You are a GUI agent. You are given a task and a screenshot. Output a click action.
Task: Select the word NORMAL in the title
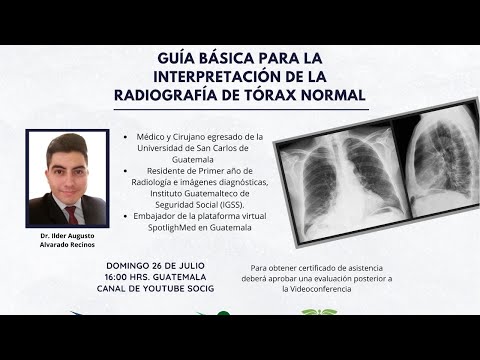point(334,95)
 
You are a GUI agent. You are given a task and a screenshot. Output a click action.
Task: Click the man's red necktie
point(70,213)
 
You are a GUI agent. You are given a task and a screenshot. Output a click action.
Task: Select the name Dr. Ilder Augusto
point(69,235)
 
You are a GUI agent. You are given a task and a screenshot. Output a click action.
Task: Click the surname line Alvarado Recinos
point(69,244)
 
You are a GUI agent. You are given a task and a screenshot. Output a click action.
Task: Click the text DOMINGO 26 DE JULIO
point(156,265)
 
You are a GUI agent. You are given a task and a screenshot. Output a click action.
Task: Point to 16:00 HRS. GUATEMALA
point(156,276)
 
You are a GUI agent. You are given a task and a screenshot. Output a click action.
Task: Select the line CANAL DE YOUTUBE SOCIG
point(156,288)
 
